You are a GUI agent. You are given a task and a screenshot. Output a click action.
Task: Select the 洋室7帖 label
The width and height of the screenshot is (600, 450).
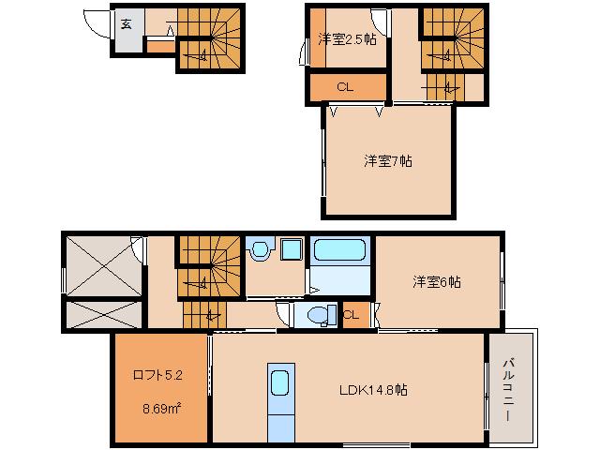coord(387,160)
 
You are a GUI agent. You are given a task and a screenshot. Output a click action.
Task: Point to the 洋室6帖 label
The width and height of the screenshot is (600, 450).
coord(436,281)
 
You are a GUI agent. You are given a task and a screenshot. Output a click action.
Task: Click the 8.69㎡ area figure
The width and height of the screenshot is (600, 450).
coord(161,409)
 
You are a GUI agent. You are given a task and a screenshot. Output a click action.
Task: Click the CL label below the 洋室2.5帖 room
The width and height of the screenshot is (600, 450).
coord(345,87)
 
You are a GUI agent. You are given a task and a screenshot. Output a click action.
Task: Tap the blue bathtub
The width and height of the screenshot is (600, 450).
coord(341,250)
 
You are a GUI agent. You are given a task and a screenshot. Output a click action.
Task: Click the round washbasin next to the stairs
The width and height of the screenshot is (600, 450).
coord(259,250)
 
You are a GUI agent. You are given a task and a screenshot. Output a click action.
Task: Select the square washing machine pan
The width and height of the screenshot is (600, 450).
coord(291,250)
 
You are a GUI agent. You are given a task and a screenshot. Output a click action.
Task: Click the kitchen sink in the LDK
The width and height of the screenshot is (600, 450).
coord(280,383)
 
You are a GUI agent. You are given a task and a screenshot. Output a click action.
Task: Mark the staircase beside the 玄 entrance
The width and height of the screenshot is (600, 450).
coord(210,38)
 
